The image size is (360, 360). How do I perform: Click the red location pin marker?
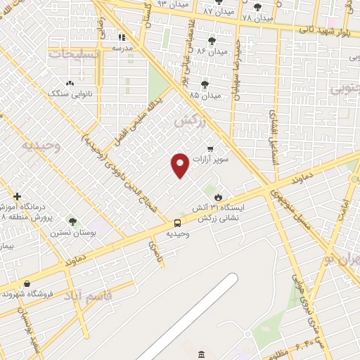180,165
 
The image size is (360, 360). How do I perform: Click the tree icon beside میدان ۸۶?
212,41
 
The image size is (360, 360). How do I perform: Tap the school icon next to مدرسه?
122,37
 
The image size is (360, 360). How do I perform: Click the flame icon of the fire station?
218,197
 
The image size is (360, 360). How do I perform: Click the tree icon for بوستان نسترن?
72,222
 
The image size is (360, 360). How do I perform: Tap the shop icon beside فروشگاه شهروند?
27,283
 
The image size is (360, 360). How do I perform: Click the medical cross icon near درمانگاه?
18,197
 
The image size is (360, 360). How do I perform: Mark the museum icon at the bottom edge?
202,353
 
